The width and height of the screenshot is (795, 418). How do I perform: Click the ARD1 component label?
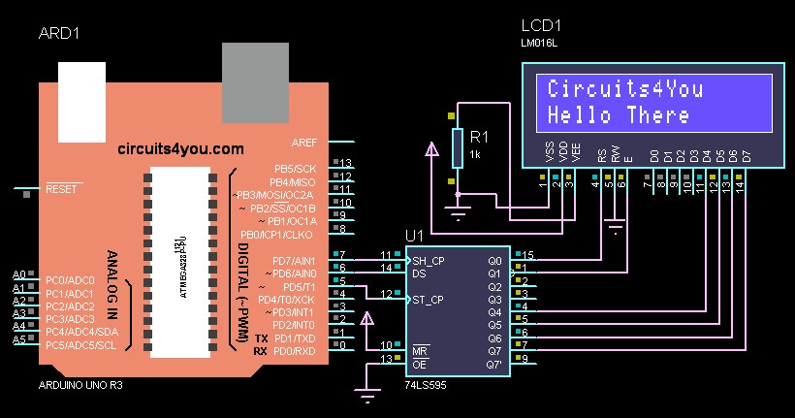coord(58,34)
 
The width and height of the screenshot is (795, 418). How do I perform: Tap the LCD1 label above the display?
coord(541,25)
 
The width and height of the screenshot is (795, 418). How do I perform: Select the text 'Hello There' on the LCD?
coord(619,115)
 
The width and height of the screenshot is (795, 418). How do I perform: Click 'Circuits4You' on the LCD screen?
coord(625,89)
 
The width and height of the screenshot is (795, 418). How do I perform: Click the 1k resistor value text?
coord(475,154)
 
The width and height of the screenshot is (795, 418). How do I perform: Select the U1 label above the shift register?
coord(415,236)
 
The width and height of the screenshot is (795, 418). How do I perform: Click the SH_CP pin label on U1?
coord(428,261)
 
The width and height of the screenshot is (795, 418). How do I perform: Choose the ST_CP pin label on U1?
coord(428,299)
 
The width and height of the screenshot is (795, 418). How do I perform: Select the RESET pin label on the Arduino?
coord(61,189)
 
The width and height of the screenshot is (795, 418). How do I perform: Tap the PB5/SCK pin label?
coord(295,168)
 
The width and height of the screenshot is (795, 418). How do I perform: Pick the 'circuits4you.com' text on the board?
coord(180,149)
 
